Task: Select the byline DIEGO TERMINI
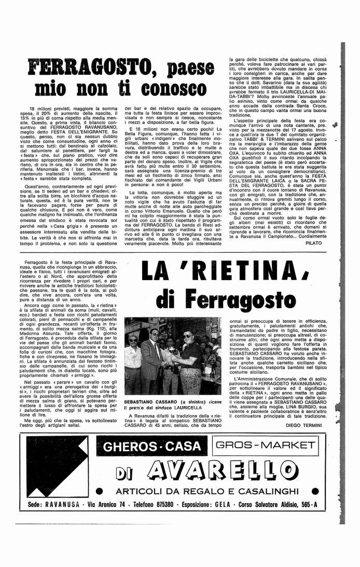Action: [x=303, y=425]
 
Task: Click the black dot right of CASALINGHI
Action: [x=315, y=490]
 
